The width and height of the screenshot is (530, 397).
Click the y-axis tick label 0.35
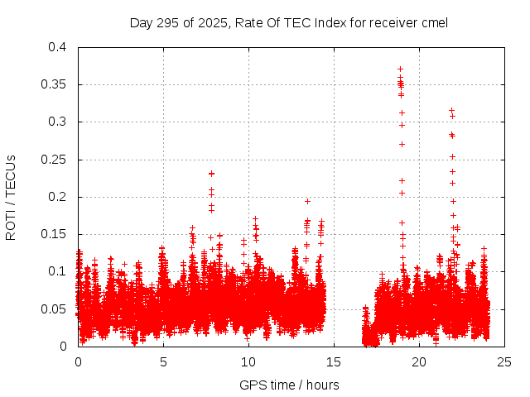tap(55, 84)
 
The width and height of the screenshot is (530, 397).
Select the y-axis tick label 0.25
tap(55, 160)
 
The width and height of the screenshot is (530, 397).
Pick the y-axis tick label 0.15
tap(55, 234)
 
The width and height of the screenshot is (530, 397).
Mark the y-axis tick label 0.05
tap(55, 309)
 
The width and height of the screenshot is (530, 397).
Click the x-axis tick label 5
tap(163, 361)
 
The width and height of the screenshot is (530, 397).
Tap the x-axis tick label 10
tap(248, 361)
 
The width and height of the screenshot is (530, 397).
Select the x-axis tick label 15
tap(334, 361)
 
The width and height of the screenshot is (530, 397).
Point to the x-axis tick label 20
tap(419, 361)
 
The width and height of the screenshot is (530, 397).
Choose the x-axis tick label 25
tap(504, 361)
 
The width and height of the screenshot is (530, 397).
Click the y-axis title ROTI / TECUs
tap(11, 197)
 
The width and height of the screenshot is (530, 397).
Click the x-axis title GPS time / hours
tap(289, 385)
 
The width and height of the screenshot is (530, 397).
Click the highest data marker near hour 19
tap(400, 69)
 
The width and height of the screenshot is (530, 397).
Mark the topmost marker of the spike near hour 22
tap(451, 110)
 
